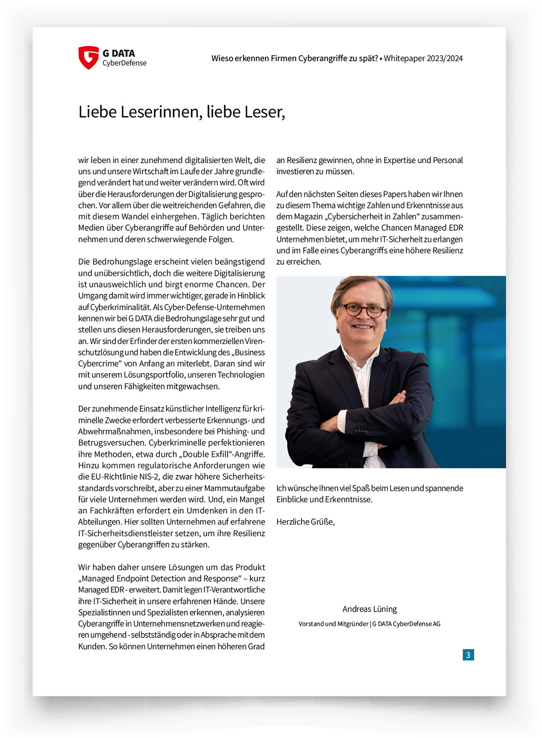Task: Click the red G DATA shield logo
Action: coord(89,57)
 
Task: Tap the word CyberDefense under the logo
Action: coord(124,63)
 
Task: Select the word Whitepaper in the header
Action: coord(404,58)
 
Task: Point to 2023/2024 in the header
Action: coord(445,58)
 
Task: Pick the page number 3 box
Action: coord(468,655)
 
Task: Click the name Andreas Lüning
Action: coord(370,609)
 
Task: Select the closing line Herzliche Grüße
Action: coord(305,522)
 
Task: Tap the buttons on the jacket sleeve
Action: coord(362,430)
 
